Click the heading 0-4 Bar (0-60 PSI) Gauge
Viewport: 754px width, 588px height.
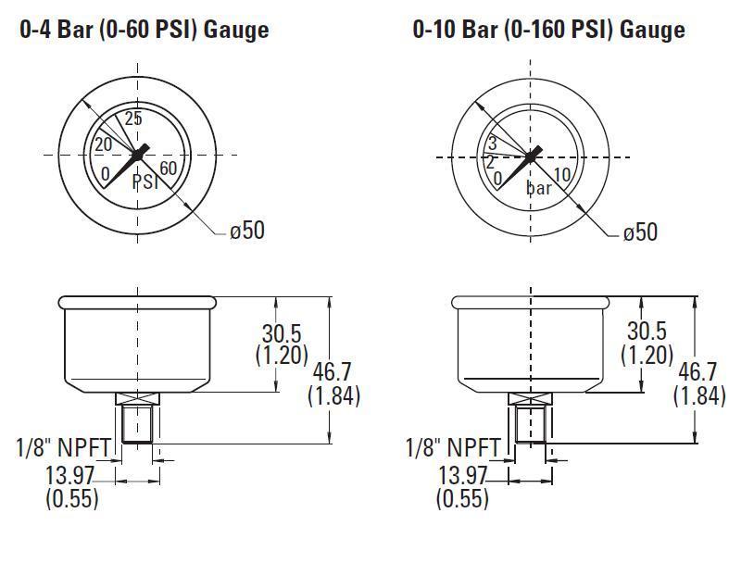[x=144, y=30]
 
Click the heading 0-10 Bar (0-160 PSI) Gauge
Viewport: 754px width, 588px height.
[x=548, y=30]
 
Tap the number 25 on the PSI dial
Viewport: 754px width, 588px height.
[x=132, y=119]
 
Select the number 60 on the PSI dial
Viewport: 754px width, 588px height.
[x=170, y=169]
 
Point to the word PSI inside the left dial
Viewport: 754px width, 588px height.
[x=145, y=181]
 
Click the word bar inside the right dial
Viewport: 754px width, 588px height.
[x=539, y=188]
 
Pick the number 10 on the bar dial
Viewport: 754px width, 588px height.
[x=561, y=175]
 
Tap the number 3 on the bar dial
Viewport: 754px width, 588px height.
[x=493, y=144]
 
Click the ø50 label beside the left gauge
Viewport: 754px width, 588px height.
[x=247, y=230]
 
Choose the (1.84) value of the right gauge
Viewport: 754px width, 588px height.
[x=699, y=395]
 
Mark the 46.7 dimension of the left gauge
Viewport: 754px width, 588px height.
[x=333, y=372]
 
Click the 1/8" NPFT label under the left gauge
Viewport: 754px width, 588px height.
[x=64, y=447]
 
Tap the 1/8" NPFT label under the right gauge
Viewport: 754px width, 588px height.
[x=455, y=448]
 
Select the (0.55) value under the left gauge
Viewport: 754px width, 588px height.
[x=71, y=497]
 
